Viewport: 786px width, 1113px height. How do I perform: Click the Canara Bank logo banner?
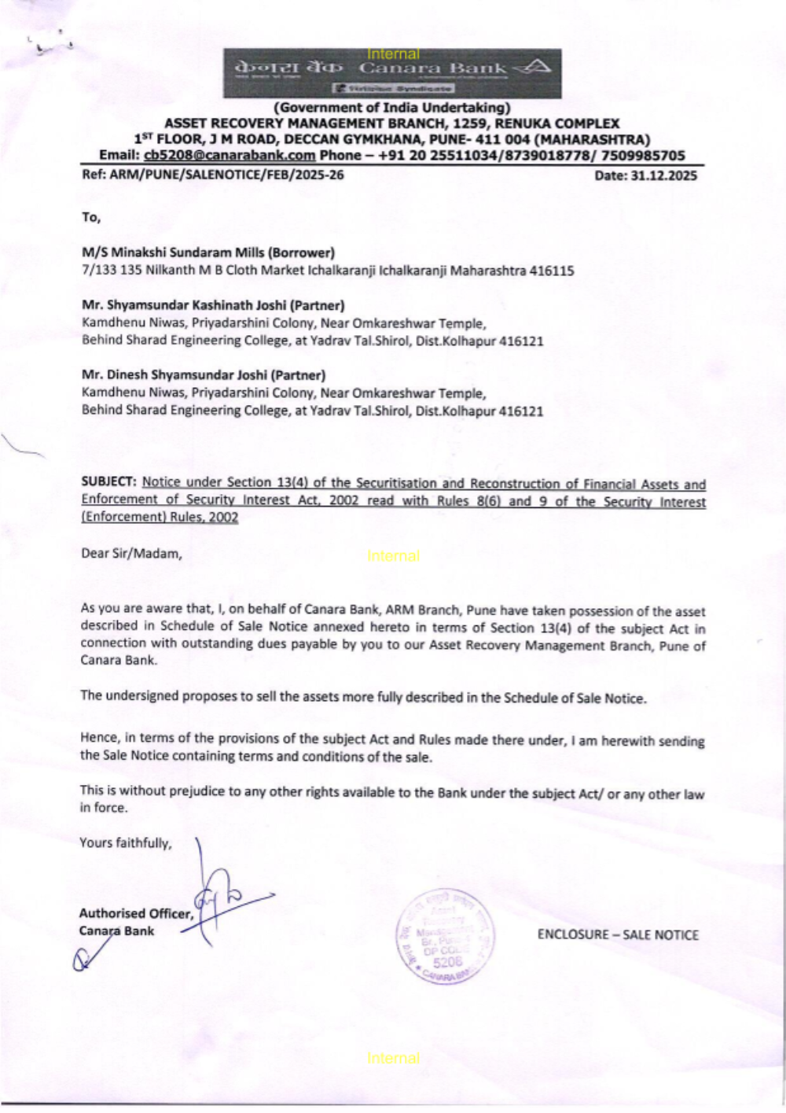tap(392, 73)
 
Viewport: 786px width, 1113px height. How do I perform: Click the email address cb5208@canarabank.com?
tap(230, 156)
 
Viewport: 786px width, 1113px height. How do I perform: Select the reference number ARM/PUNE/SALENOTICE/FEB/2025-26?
tap(226, 175)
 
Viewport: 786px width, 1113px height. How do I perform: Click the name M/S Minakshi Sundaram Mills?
tap(174, 252)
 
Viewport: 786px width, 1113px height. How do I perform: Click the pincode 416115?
tap(552, 271)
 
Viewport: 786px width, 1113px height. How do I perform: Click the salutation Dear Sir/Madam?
tap(131, 553)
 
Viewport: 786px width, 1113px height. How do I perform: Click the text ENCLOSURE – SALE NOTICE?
tap(618, 934)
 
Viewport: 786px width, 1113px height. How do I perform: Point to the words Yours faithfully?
tap(125, 843)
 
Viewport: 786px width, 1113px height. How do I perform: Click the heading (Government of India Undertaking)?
tap(391, 108)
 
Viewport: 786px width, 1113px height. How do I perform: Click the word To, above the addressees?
tap(91, 217)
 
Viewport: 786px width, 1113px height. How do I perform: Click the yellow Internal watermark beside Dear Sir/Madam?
tap(393, 555)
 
